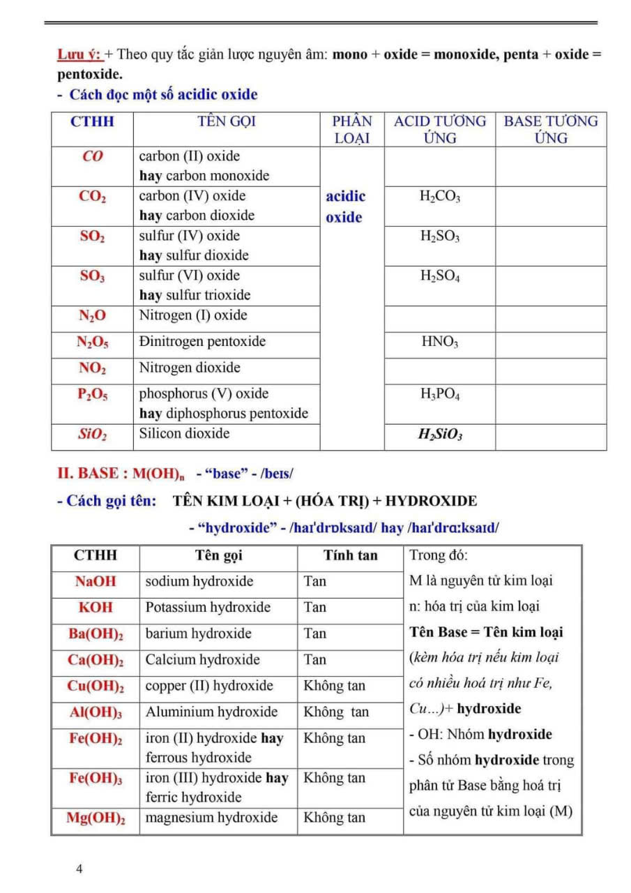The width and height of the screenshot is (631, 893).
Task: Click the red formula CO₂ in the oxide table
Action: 92,197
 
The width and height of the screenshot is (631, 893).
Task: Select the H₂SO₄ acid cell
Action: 440,276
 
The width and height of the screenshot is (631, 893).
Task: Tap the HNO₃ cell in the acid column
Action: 440,342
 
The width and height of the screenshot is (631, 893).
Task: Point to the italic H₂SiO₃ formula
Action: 440,435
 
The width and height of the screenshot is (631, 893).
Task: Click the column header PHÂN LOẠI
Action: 352,129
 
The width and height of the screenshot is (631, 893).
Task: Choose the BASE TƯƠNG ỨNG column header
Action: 551,129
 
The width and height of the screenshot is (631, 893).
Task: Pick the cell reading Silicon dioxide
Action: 184,433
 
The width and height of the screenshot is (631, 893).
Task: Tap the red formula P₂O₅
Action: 92,395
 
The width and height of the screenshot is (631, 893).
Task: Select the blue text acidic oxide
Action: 345,207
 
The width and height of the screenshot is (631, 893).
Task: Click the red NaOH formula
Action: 96,581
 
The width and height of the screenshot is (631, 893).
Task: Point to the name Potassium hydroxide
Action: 208,607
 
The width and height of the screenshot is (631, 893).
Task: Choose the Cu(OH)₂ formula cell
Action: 96,686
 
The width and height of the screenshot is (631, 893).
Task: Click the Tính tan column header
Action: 350,555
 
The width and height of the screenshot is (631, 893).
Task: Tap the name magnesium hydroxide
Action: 211,818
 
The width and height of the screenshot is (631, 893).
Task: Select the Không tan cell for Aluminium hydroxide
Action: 336,712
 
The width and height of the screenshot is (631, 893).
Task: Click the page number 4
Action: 79,869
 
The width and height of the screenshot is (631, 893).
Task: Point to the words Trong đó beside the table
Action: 439,555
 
